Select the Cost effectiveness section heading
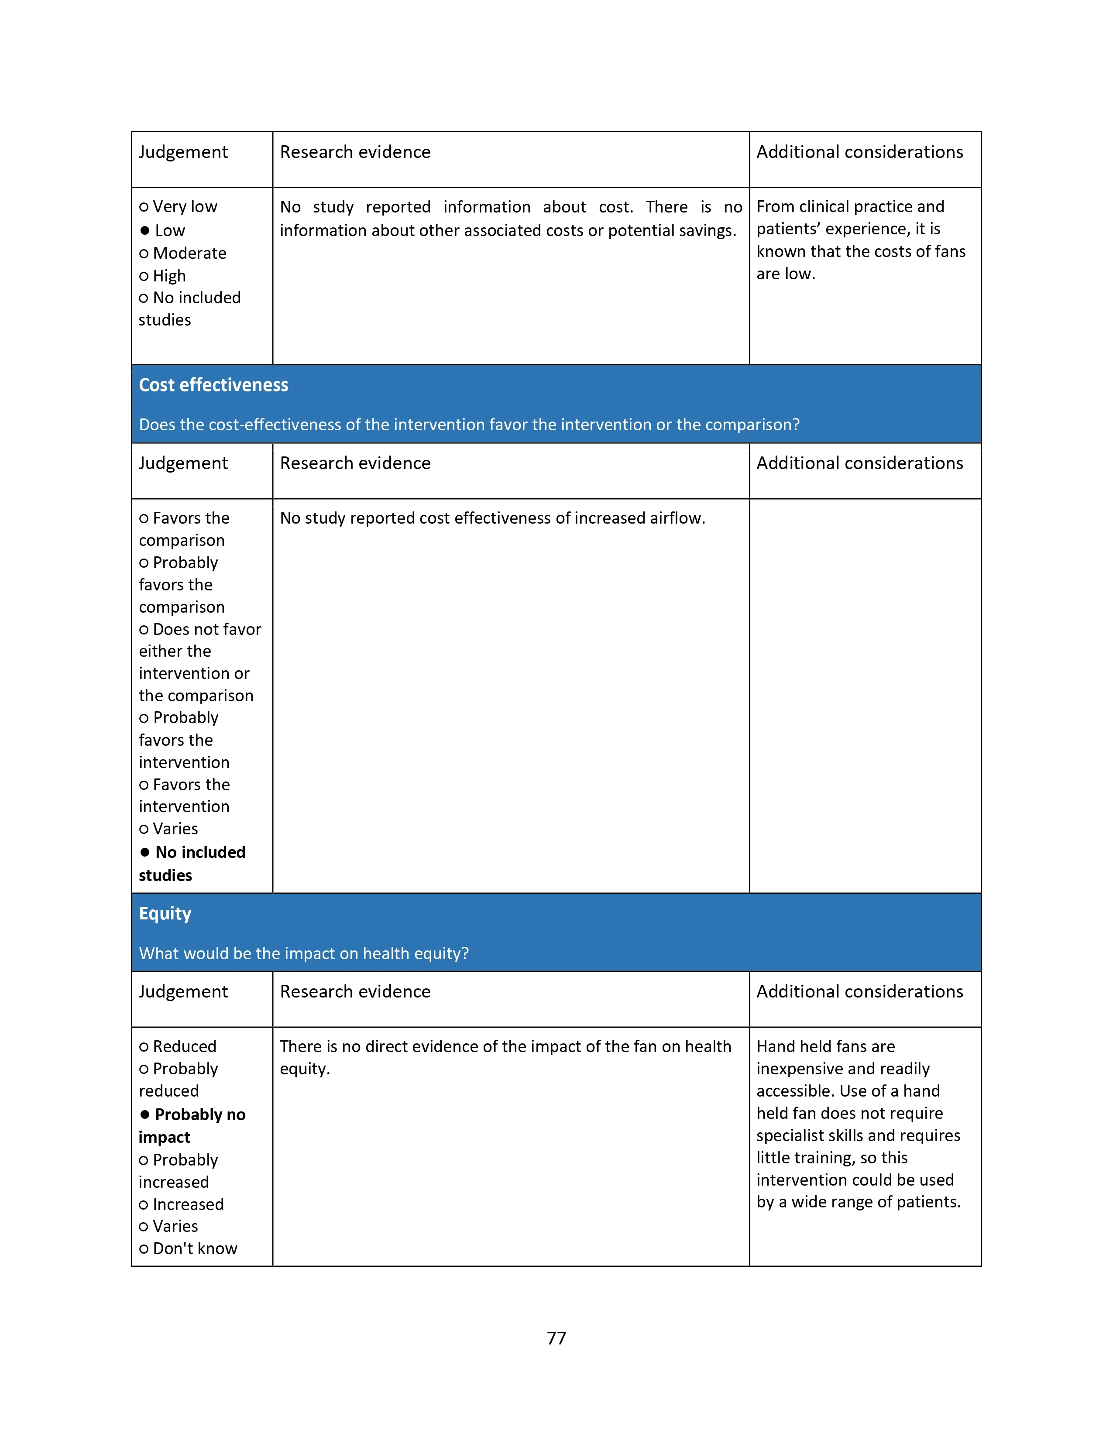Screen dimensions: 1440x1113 [213, 385]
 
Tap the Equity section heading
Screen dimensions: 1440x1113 [165, 913]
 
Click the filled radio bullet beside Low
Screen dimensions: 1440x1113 [144, 230]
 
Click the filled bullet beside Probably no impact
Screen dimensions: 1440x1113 [144, 1114]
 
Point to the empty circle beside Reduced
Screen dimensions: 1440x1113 [144, 1047]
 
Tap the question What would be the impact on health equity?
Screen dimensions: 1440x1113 [304, 953]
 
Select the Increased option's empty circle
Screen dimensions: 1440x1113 [144, 1205]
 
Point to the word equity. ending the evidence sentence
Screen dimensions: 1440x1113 [305, 1069]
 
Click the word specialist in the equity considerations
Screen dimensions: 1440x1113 [792, 1135]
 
